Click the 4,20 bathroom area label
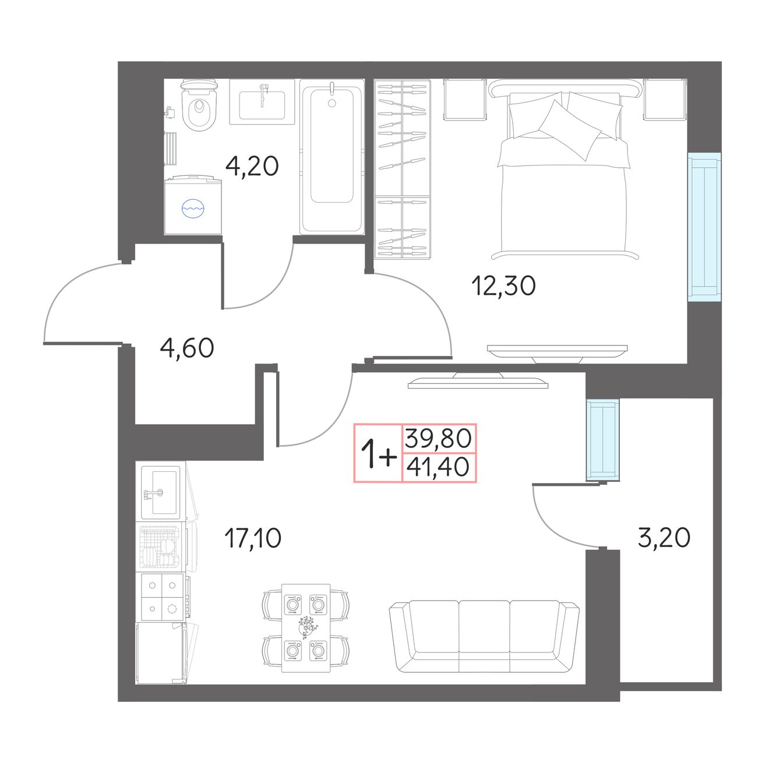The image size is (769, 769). pyautogui.click(x=252, y=166)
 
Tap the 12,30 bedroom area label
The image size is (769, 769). pyautogui.click(x=503, y=285)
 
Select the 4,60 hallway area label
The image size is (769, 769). pyautogui.click(x=187, y=348)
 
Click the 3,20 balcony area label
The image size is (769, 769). pyautogui.click(x=664, y=537)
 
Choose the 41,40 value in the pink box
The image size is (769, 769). pyautogui.click(x=438, y=467)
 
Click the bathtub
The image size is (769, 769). pyautogui.click(x=331, y=157)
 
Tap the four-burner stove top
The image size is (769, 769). pyautogui.click(x=161, y=597)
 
